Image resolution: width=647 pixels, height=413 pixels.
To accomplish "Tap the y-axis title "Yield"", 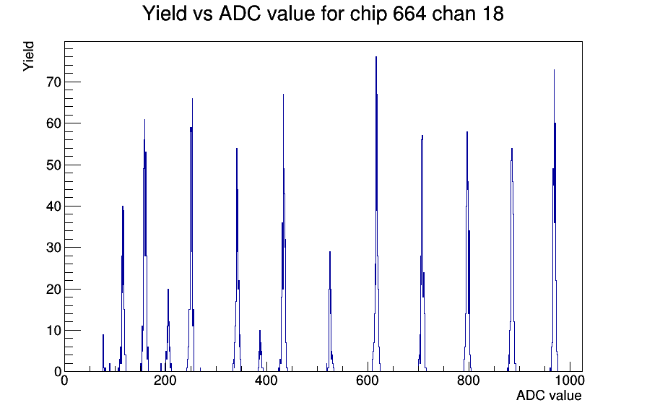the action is pyautogui.click(x=28, y=56).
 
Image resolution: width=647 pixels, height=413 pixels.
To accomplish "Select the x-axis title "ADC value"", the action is pyautogui.click(x=549, y=395).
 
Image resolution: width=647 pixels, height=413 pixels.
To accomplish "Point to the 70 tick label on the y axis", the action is pyautogui.click(x=53, y=82).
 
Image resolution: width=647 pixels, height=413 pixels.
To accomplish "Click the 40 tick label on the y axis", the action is pyautogui.click(x=53, y=206).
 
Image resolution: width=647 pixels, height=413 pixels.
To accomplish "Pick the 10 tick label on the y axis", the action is pyautogui.click(x=53, y=331).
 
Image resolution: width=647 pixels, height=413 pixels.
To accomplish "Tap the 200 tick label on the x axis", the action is pyautogui.click(x=165, y=381).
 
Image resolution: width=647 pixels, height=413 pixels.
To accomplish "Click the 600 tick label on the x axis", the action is pyautogui.click(x=368, y=381).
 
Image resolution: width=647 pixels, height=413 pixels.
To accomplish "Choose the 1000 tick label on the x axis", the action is pyautogui.click(x=570, y=381).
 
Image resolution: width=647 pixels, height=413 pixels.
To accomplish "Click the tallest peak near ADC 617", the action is pyautogui.click(x=376, y=57).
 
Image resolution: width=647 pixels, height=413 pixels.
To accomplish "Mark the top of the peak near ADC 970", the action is pyautogui.click(x=554, y=70).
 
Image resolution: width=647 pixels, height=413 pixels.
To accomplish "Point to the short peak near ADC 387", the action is pyautogui.click(x=260, y=331).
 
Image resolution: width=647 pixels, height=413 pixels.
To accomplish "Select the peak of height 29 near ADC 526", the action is pyautogui.click(x=330, y=252).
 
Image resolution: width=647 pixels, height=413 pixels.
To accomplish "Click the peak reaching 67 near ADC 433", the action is pyautogui.click(x=283, y=95).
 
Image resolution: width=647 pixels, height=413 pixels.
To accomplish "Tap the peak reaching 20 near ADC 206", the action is pyautogui.click(x=168, y=290).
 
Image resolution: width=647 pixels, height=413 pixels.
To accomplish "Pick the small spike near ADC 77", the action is pyautogui.click(x=103, y=335).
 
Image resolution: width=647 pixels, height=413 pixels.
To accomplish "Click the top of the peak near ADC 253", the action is pyautogui.click(x=192, y=99).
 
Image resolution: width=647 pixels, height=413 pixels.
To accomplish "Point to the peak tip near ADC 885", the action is pyautogui.click(x=512, y=149).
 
